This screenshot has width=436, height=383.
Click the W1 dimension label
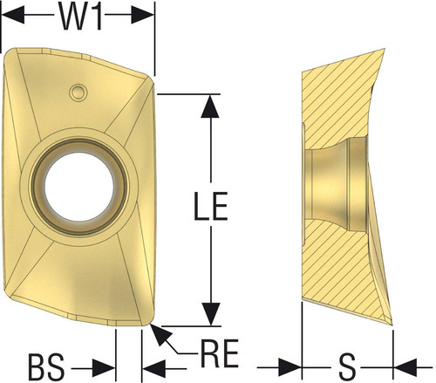(80, 17)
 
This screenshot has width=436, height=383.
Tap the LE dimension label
(211, 206)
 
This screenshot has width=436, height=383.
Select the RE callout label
(219, 353)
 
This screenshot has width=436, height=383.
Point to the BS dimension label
(46, 367)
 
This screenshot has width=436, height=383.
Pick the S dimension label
(347, 367)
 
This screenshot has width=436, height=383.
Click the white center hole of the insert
(79, 187)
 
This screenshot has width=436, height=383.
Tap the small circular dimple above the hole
(78, 92)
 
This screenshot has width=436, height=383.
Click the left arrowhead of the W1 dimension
(13, 14)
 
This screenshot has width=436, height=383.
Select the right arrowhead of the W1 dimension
(142, 14)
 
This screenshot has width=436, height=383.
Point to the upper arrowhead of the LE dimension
(210, 106)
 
